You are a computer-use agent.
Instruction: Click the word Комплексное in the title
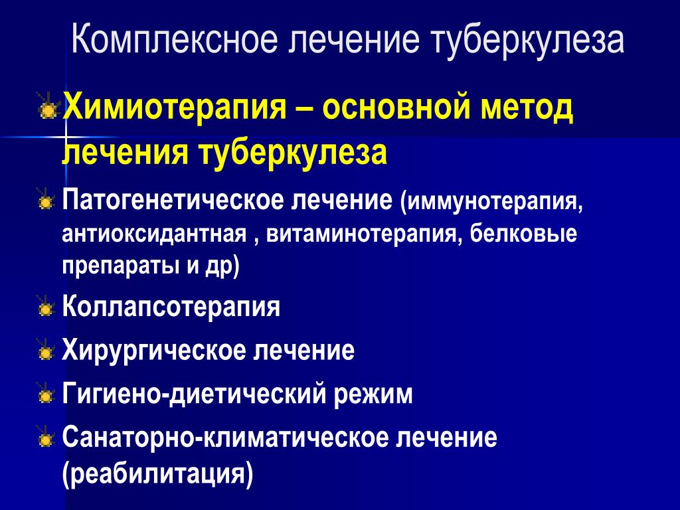click(173, 40)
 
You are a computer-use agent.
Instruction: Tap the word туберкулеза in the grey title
click(527, 41)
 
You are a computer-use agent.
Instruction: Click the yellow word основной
click(396, 108)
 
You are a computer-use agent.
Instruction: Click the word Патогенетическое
click(174, 201)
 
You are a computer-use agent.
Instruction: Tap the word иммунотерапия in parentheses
click(493, 202)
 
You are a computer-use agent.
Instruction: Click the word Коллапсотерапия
click(171, 307)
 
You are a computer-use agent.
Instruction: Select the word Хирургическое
click(153, 350)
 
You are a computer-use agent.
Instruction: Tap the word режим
click(373, 394)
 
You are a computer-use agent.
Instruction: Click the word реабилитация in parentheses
click(157, 473)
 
